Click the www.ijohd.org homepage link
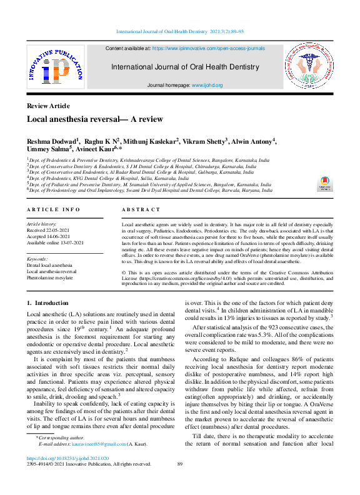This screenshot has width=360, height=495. (207, 85)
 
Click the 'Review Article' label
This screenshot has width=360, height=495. (48, 106)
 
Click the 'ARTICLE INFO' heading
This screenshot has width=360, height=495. (53, 210)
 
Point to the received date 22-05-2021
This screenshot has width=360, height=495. (58, 229)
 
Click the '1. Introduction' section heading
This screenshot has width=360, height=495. (47, 303)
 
